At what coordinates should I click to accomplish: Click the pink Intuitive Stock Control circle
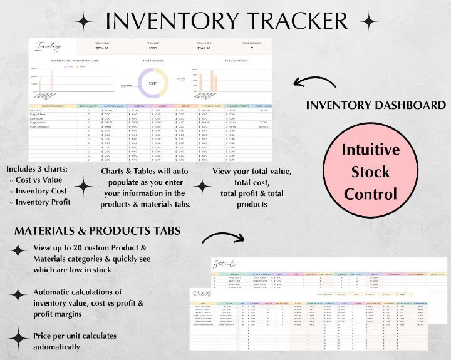click(370, 171)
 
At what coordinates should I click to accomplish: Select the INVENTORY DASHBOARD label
click(376, 105)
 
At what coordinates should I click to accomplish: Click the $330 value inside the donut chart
click(152, 83)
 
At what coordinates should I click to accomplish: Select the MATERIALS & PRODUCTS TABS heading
click(97, 231)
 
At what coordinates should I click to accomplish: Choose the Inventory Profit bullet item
click(43, 202)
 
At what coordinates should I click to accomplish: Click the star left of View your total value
click(202, 186)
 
